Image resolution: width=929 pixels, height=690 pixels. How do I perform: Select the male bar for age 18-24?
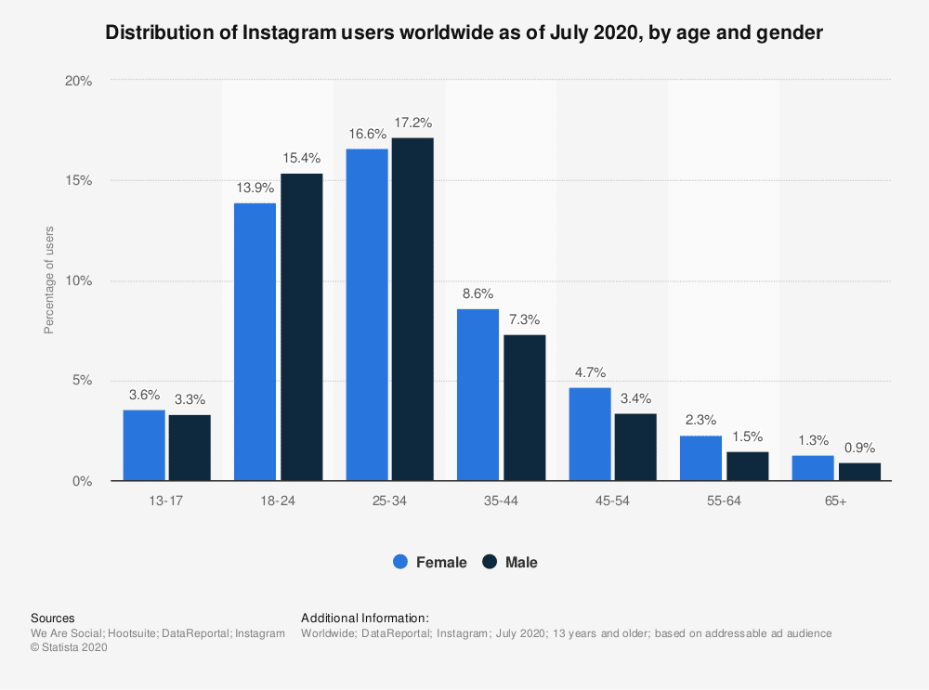pyautogui.click(x=302, y=327)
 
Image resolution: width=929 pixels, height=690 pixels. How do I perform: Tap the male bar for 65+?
pyautogui.click(x=859, y=472)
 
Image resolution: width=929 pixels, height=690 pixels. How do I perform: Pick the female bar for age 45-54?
pyautogui.click(x=590, y=434)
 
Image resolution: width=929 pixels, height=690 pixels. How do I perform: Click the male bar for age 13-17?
pyautogui.click(x=190, y=448)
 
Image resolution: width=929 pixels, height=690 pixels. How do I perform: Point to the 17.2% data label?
pyautogui.click(x=412, y=123)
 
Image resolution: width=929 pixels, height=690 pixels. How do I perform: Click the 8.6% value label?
pyautogui.click(x=478, y=293)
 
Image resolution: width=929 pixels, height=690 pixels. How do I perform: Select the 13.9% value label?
pyautogui.click(x=255, y=188)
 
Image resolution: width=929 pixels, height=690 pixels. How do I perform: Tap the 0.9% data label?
pyautogui.click(x=859, y=447)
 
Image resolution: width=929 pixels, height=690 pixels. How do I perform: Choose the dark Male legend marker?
pyautogui.click(x=491, y=562)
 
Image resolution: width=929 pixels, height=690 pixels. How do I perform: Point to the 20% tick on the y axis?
pyautogui.click(x=79, y=81)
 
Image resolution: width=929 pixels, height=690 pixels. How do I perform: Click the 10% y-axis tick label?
pyautogui.click(x=79, y=280)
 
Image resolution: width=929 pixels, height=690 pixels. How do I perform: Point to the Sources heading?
pyautogui.click(x=53, y=618)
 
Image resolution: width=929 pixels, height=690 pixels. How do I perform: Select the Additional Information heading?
pyautogui.click(x=364, y=618)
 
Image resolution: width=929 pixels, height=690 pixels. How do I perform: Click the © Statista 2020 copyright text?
pyautogui.click(x=70, y=648)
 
